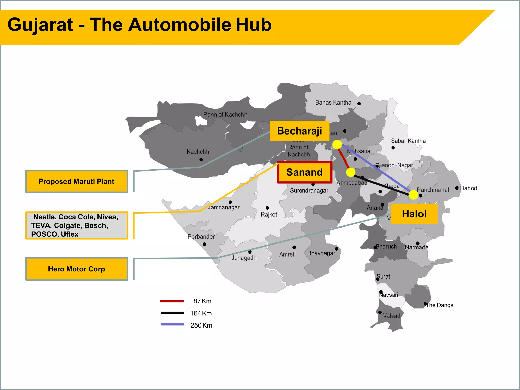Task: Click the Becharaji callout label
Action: point(299,131)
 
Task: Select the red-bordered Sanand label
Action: point(304,172)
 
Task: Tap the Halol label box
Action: point(414,214)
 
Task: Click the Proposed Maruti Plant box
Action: point(76,182)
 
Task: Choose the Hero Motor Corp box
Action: point(76,269)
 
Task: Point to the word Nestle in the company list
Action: point(45,217)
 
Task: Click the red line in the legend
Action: point(172,301)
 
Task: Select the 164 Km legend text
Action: point(201,313)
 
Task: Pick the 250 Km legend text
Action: point(201,326)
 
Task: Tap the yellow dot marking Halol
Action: point(413,195)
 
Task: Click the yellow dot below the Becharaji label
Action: point(337,144)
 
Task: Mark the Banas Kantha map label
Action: point(333,103)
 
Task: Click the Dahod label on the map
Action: point(468,188)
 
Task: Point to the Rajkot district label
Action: point(269,215)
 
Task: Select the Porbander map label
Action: point(201,237)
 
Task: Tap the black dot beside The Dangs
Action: point(425,304)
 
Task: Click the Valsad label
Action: point(392,316)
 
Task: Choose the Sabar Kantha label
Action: point(408,141)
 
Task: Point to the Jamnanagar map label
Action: point(224,208)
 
